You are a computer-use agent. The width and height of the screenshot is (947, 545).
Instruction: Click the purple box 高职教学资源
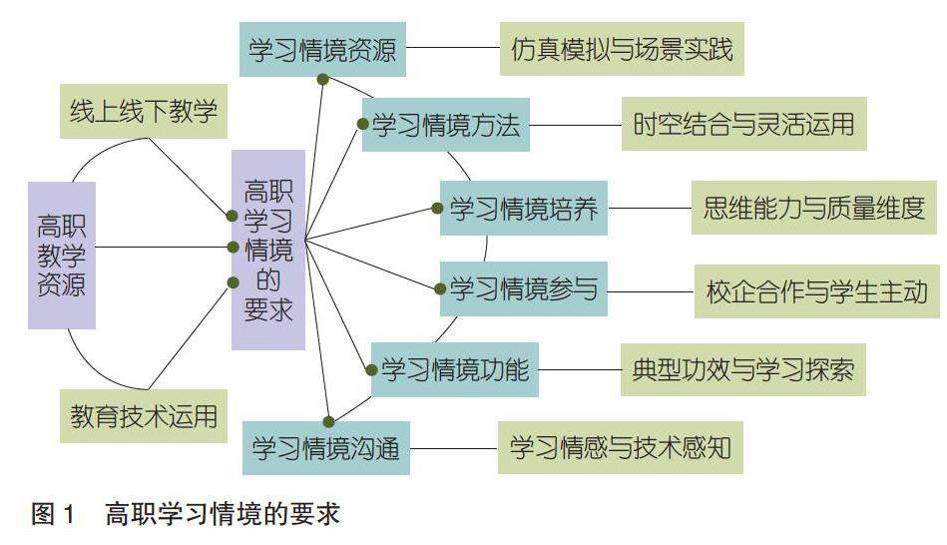pos(62,256)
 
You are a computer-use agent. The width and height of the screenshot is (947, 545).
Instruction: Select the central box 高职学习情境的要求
pos(268,250)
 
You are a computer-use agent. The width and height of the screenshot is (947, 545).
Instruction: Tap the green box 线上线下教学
pos(144,109)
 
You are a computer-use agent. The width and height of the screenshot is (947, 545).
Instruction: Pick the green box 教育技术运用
pos(144,415)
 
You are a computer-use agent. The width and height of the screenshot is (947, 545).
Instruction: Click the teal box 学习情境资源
pos(323,48)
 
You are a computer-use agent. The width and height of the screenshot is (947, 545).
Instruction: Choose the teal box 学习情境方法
pos(445,125)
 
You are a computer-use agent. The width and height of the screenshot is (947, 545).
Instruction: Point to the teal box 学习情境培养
pos(523,209)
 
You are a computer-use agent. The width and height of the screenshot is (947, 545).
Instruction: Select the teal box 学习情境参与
pos(523,290)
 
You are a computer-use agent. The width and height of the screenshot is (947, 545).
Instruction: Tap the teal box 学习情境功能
pos(454,369)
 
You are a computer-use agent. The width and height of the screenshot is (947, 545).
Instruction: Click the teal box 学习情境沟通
pos(325,447)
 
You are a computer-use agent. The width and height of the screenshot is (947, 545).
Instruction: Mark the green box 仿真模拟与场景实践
pos(622,48)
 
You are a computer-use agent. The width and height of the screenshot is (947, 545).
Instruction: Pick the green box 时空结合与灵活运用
pos(743,125)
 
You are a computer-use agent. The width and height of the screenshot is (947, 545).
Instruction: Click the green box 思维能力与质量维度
pos(814,208)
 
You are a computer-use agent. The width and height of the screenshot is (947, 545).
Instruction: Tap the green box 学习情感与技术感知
pos(621,447)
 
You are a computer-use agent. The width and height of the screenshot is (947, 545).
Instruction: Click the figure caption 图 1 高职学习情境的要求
pos(186,514)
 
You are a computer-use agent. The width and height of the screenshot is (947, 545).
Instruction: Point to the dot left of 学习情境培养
pos(437,208)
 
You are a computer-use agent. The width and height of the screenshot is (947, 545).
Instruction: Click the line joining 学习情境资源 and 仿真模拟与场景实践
pos(454,47)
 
